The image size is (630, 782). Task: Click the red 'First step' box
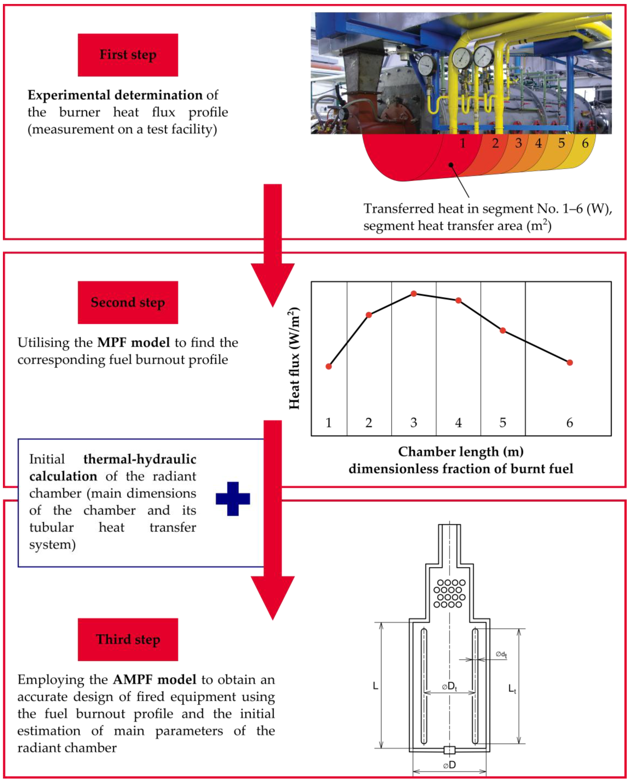coord(128,55)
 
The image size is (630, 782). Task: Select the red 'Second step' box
coord(128,302)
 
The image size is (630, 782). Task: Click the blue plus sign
coord(233,499)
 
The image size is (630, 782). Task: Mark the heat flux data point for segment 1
coord(329,366)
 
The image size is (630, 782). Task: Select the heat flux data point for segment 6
coord(570,362)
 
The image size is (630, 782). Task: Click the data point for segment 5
coord(502,330)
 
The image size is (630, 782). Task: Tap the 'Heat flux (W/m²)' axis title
coord(294,358)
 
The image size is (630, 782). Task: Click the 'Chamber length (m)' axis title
coord(461,452)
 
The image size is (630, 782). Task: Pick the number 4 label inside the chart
coord(458,422)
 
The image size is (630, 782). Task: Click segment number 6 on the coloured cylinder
coord(585,143)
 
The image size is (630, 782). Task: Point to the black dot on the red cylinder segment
coord(451,165)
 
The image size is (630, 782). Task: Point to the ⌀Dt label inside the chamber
coord(449,686)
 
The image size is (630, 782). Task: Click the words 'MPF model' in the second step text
coord(133,342)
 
